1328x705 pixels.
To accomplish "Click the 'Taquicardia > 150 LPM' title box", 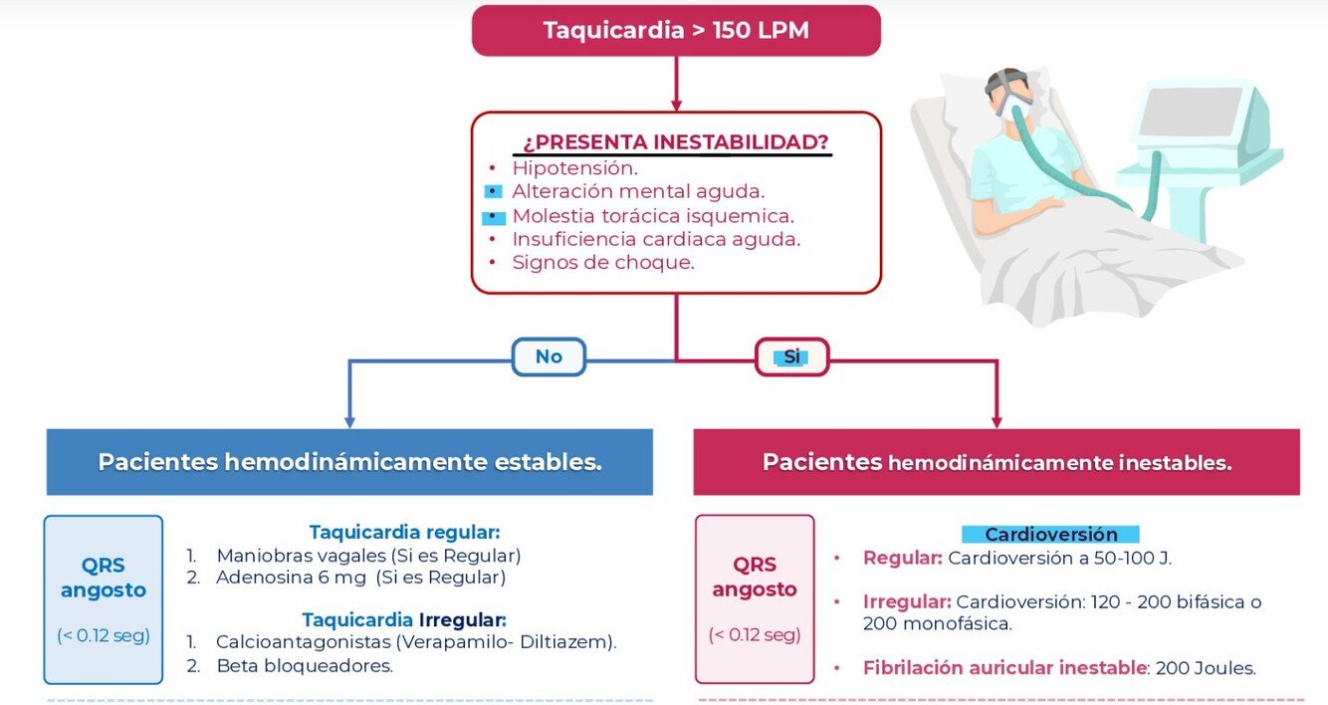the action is coord(676,30).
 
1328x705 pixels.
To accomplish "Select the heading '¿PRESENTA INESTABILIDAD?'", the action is coord(676,142).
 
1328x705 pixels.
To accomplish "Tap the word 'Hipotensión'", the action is coord(574,168).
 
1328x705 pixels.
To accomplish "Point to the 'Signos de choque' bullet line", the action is coord(602,263).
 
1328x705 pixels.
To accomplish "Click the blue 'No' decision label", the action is coord(549,356).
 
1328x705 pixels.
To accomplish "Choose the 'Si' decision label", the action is coord(791,356).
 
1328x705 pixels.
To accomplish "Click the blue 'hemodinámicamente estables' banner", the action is coord(349,462).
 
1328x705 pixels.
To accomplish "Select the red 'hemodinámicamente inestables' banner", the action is coord(996,462).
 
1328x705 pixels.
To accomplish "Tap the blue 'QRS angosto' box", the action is coord(104,598).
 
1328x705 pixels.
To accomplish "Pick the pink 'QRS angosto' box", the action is coord(754,598).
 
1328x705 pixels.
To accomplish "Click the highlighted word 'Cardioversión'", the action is coord(1050,535).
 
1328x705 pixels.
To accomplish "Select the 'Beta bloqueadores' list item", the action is coord(304,665).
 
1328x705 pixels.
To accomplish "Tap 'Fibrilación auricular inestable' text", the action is coord(1004,668).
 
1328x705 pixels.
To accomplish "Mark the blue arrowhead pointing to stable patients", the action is coord(348,421).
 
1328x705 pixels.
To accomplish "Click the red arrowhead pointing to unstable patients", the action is coord(996,421).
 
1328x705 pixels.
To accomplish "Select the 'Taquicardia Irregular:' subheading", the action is coord(404,619).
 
